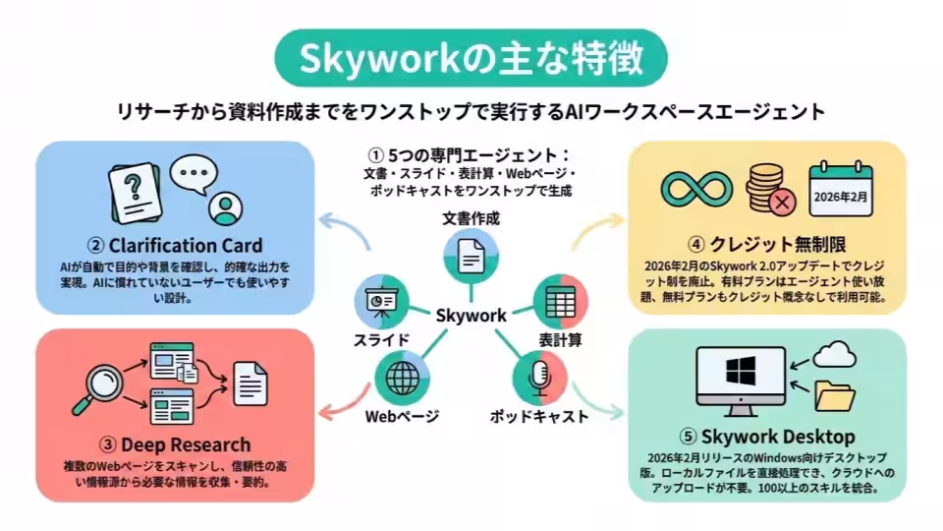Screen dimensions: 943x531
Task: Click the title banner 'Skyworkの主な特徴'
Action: click(471, 58)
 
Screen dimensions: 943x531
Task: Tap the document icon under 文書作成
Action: click(471, 257)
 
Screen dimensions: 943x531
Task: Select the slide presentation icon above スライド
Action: click(381, 301)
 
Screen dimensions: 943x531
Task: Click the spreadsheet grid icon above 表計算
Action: click(560, 301)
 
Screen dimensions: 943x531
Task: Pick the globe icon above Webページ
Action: click(403, 378)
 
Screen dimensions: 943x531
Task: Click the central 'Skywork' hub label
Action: click(471, 315)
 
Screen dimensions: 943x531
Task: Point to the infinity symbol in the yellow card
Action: click(696, 189)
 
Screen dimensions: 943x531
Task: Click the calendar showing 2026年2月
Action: click(840, 189)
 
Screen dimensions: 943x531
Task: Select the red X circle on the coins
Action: click(782, 202)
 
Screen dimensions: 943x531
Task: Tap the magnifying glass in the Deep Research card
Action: click(100, 388)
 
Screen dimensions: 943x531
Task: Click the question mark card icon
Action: click(135, 193)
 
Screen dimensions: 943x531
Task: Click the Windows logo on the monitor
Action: click(741, 370)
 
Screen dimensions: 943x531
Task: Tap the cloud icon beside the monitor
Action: click(834, 354)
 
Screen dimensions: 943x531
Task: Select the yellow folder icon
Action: click(835, 396)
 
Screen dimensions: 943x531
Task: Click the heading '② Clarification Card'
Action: click(175, 246)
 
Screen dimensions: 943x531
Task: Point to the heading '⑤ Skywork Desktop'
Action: click(767, 437)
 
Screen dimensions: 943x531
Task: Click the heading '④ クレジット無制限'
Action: click(767, 245)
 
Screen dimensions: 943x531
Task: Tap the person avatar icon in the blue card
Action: click(226, 208)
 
